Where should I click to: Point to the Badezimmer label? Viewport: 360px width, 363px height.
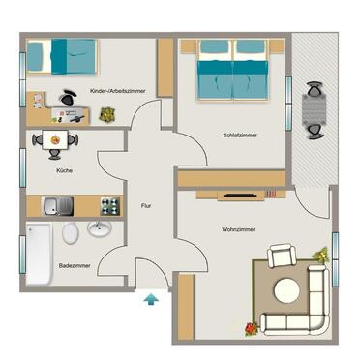[x=75, y=263]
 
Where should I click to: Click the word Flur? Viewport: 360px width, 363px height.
[x=146, y=205]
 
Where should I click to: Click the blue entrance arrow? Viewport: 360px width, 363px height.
[x=150, y=300]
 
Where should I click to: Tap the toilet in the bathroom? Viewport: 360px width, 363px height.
[x=70, y=233]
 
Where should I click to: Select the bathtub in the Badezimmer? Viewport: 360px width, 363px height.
[x=38, y=253]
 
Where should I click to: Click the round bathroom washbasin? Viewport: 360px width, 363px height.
[x=99, y=229]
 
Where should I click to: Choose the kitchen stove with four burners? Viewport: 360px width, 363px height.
[x=110, y=205]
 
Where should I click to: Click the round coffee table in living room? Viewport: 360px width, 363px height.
[x=286, y=290]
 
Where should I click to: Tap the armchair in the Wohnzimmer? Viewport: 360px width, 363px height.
[x=282, y=257]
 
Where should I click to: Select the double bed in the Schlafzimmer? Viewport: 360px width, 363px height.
[x=232, y=68]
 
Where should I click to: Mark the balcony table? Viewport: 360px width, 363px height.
[x=315, y=111]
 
